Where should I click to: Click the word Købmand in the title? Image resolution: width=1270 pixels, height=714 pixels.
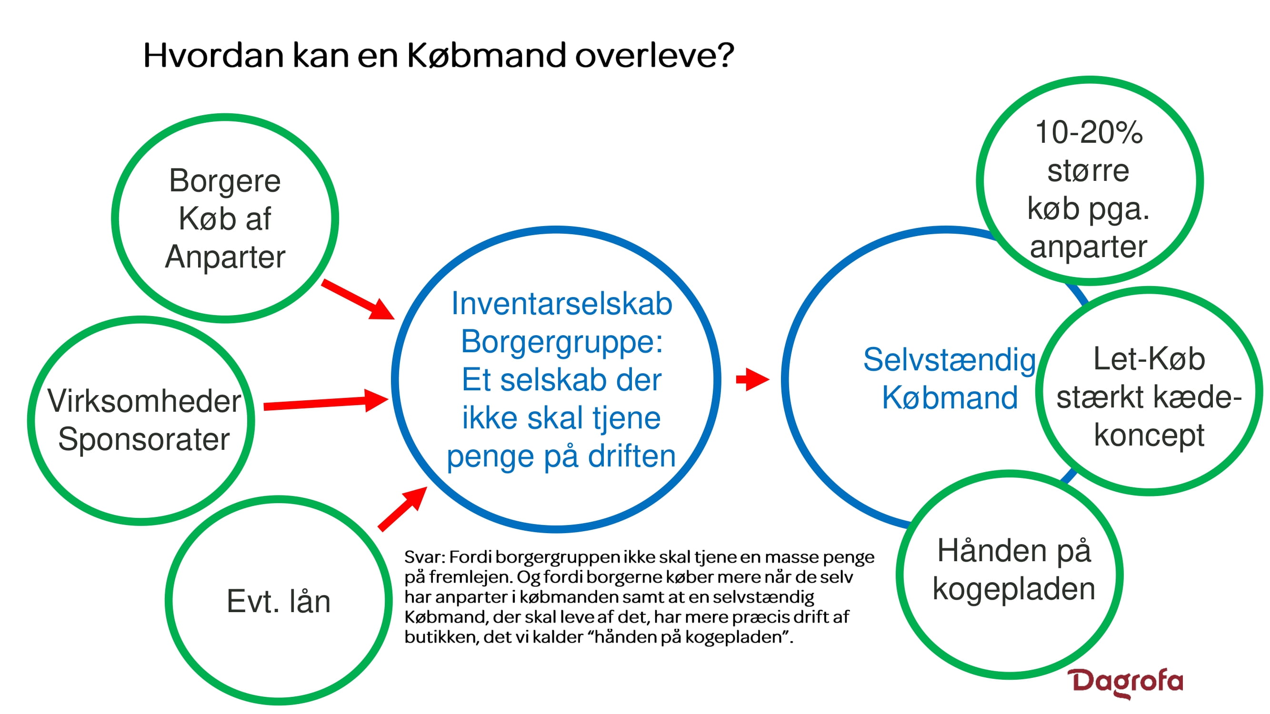(x=487, y=55)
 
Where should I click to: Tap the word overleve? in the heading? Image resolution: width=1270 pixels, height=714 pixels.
(x=655, y=55)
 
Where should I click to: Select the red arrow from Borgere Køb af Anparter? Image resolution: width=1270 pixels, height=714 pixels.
(x=358, y=299)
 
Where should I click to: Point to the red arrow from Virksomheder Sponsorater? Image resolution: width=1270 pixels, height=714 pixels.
(x=326, y=401)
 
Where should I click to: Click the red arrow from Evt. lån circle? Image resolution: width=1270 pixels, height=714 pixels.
(x=402, y=508)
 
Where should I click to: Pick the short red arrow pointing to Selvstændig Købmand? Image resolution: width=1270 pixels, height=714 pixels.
(x=752, y=379)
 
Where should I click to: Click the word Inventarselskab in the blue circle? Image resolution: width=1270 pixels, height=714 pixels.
(x=561, y=304)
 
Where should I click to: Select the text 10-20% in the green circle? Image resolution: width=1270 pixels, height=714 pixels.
(x=1089, y=132)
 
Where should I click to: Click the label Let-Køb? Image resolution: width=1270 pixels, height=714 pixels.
(x=1149, y=359)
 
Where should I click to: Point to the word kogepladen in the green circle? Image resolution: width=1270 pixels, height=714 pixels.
(x=1014, y=590)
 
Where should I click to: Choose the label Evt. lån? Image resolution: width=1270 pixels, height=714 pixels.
(x=279, y=602)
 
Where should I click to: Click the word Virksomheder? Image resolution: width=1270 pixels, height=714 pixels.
(x=144, y=401)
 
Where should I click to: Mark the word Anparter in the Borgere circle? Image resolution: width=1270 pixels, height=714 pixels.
(x=225, y=258)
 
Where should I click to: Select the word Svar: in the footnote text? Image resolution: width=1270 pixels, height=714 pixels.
(x=425, y=557)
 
